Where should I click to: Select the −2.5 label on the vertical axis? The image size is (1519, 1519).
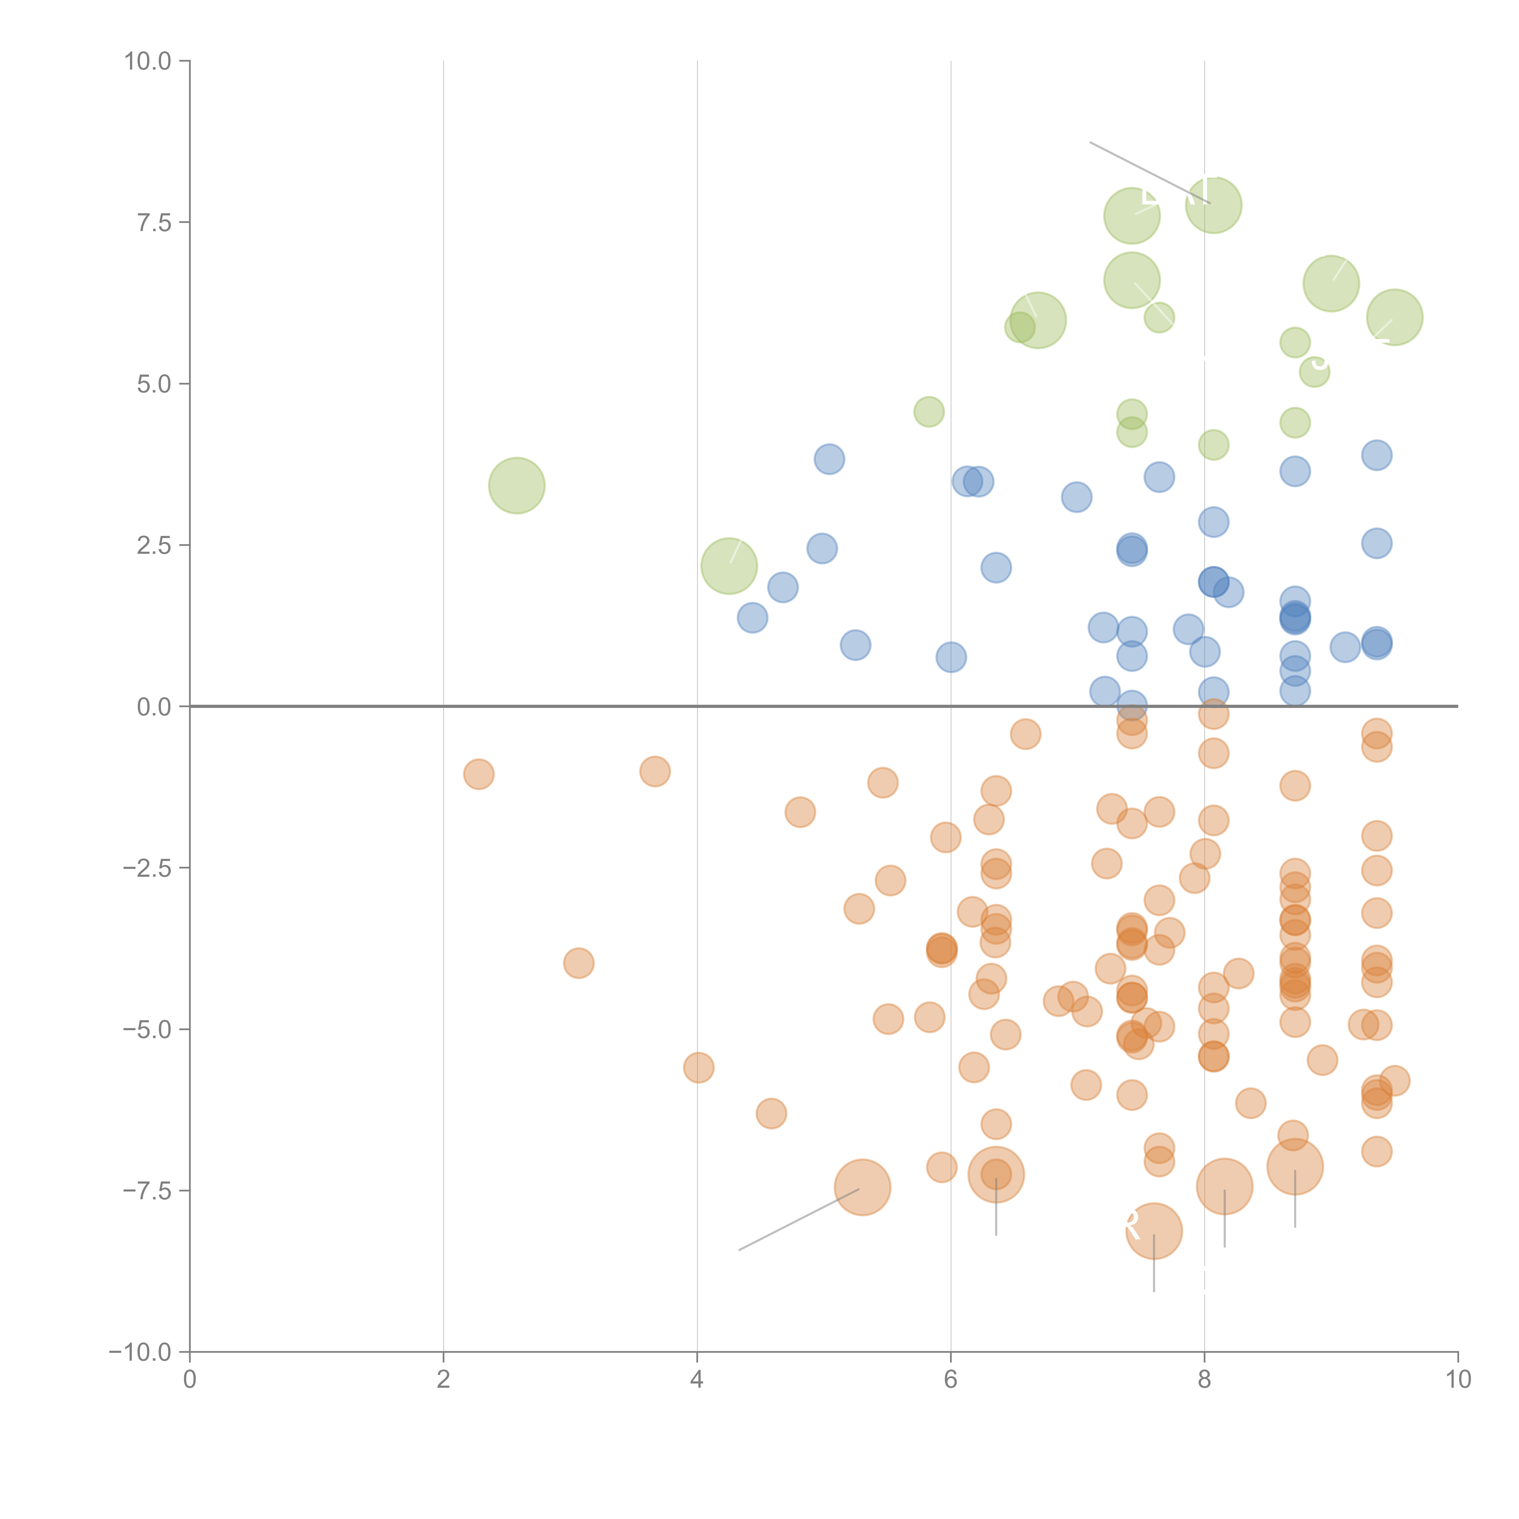click(x=147, y=868)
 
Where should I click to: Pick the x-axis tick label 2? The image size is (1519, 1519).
click(x=444, y=1380)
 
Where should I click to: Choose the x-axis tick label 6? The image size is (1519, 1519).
click(x=951, y=1380)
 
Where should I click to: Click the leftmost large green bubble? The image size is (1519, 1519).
click(x=516, y=485)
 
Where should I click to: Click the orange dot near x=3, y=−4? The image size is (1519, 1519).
click(x=579, y=963)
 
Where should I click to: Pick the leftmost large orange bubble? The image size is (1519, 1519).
click(x=862, y=1187)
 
